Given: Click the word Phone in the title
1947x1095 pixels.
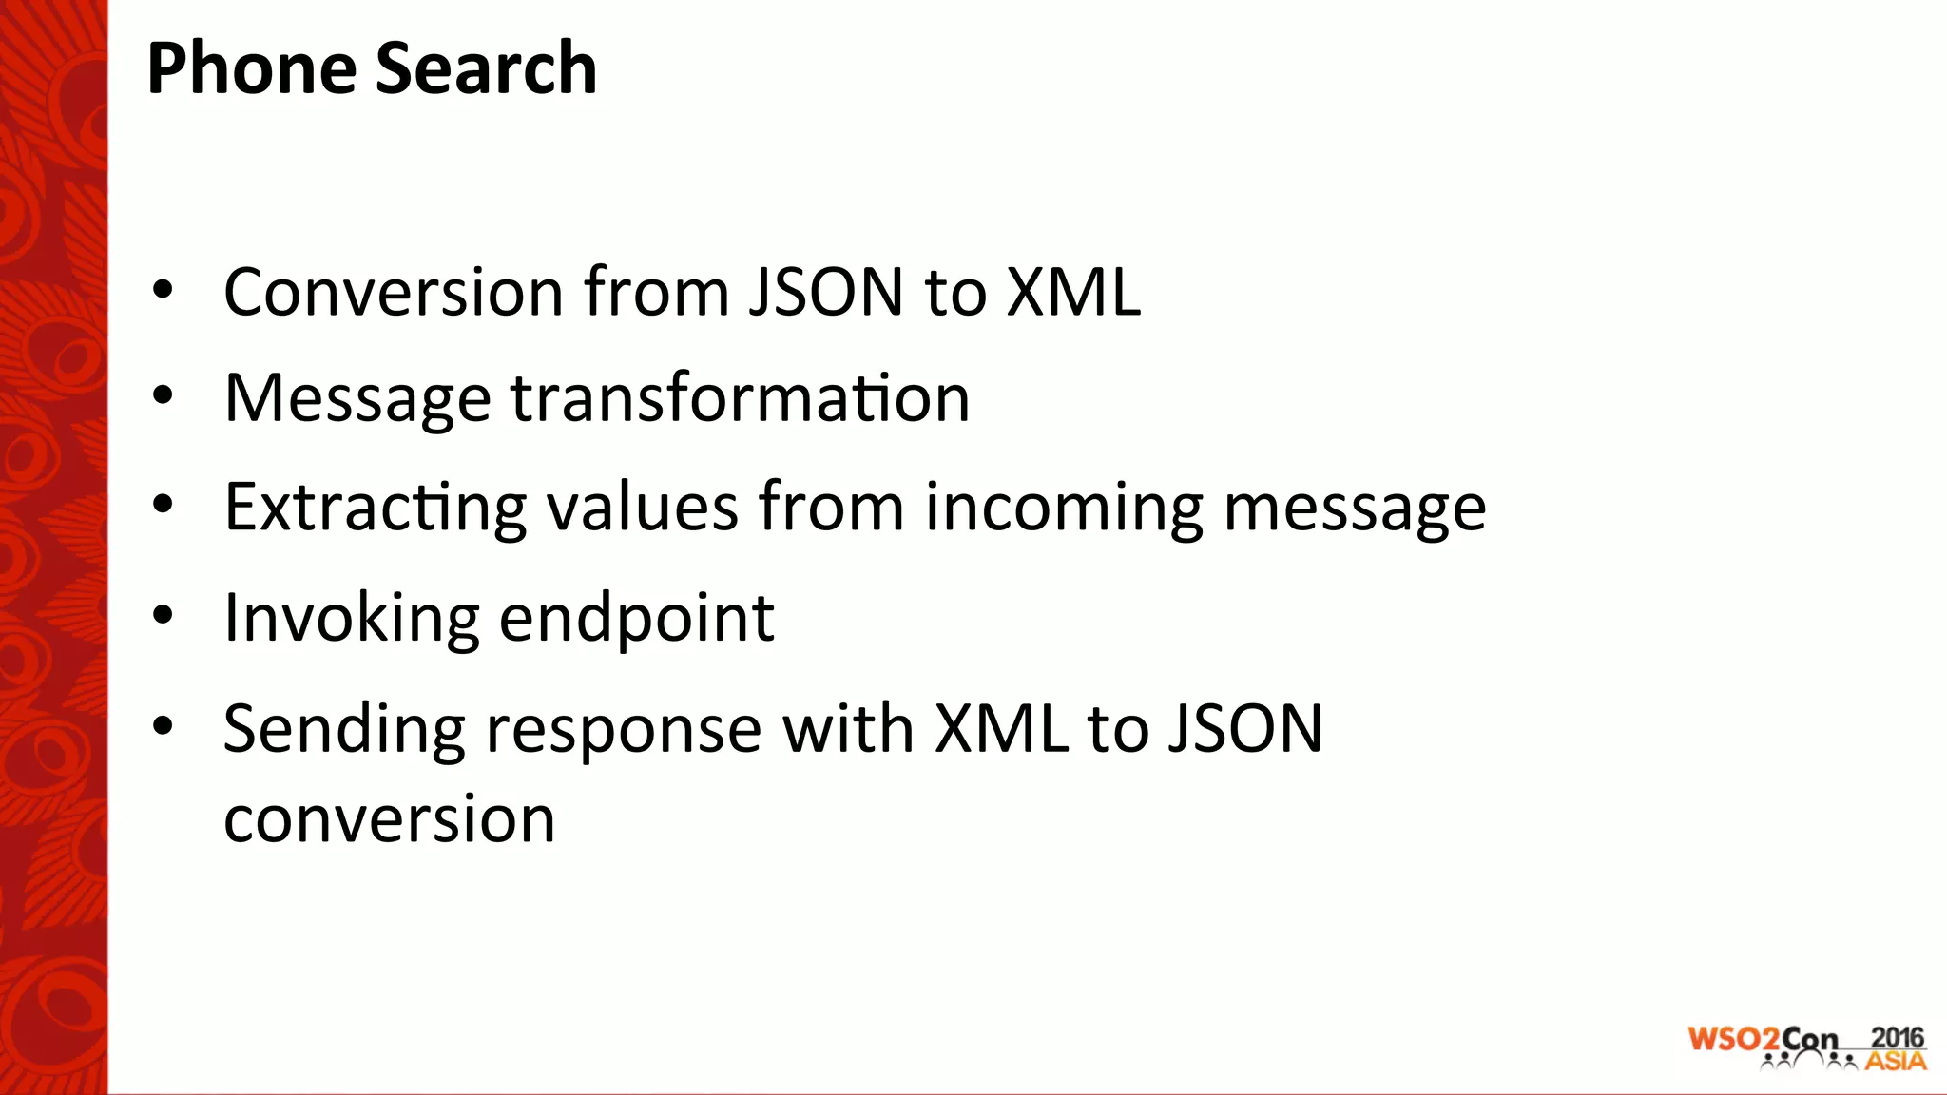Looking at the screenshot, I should [x=249, y=68].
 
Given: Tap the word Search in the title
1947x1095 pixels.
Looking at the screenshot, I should [x=486, y=68].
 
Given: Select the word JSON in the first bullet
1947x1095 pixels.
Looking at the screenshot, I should [x=825, y=292].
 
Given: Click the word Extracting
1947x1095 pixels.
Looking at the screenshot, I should [x=375, y=508].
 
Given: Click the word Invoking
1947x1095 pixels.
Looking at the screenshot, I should [x=351, y=619].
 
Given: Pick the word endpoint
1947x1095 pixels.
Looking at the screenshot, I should [x=636, y=619].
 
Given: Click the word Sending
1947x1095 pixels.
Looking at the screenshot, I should [x=344, y=730].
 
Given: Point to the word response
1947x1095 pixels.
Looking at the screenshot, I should [x=624, y=730].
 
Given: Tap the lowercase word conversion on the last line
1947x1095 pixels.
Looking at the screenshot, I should [x=389, y=819].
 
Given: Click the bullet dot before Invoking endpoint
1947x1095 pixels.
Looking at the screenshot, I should [x=163, y=616].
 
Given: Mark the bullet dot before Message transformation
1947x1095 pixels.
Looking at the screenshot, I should [x=163, y=395].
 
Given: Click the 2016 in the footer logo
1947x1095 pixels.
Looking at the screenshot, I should [x=1897, y=1038].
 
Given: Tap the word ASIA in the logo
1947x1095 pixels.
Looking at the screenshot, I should [x=1896, y=1061].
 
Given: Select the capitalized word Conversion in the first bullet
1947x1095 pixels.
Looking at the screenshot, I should [x=394, y=292].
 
